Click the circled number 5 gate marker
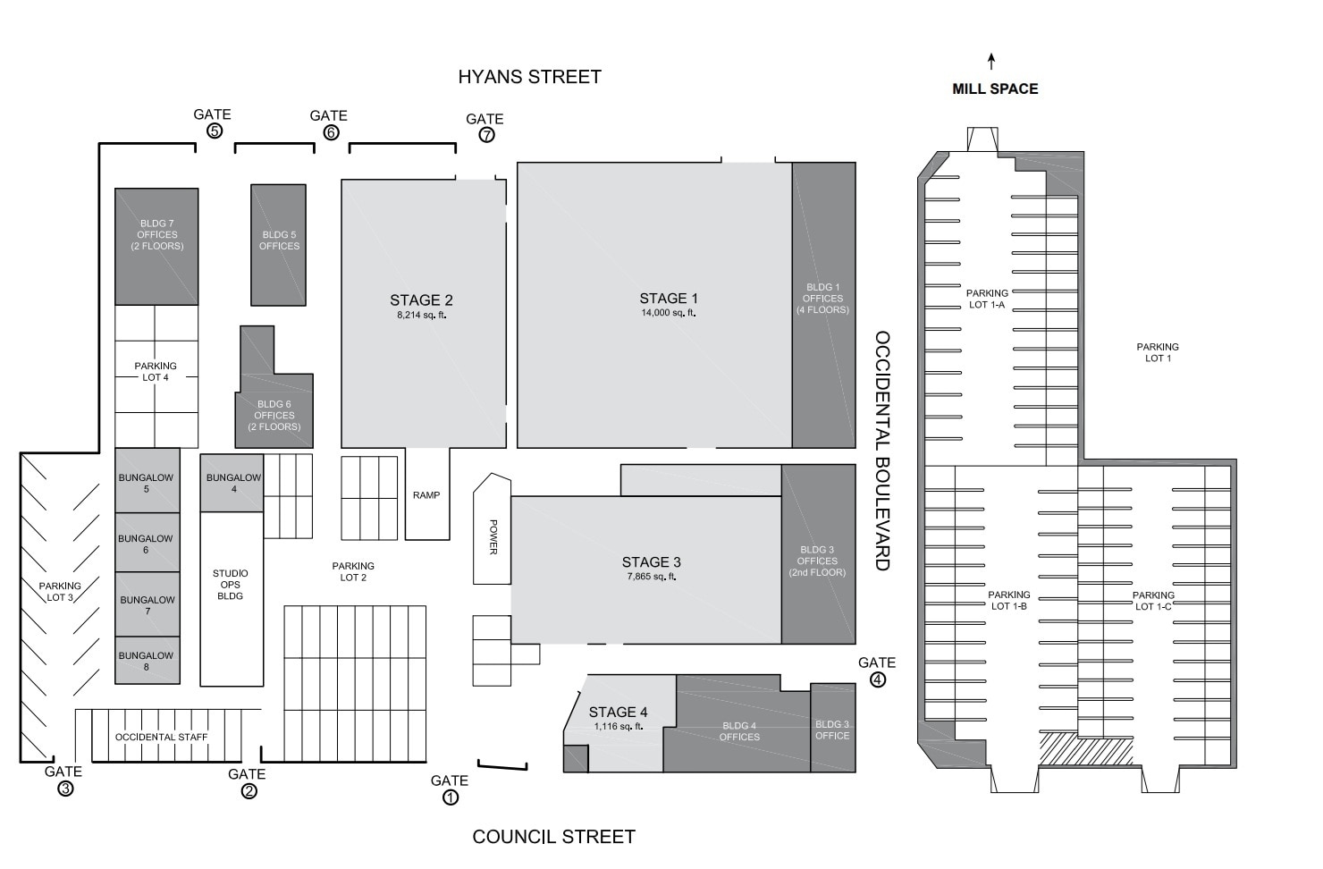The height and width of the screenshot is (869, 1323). (x=215, y=131)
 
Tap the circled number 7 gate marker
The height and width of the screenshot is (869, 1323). (x=486, y=135)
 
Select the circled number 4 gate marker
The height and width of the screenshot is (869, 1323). (x=878, y=679)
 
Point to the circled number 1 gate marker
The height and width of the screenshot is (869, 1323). (x=451, y=797)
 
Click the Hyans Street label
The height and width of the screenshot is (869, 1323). (x=529, y=77)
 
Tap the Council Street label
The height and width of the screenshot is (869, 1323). (x=553, y=837)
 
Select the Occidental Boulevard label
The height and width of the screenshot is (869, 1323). (x=882, y=451)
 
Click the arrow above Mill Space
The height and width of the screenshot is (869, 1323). (x=991, y=62)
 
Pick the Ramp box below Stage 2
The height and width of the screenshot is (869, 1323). (x=427, y=494)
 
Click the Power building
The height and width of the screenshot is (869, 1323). (x=492, y=536)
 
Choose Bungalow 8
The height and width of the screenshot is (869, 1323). (x=147, y=661)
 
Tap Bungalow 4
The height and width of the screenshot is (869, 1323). (x=232, y=484)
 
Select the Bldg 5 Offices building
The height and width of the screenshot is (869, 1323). (x=279, y=241)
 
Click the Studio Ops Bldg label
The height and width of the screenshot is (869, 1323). (x=231, y=585)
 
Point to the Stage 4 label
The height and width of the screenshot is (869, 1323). (x=618, y=713)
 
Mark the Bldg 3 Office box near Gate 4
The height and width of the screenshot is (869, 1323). (x=832, y=730)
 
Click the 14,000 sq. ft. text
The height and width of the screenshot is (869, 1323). (x=668, y=313)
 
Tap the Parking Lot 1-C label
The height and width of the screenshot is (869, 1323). (x=1153, y=601)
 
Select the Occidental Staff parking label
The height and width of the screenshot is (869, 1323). (x=162, y=738)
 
